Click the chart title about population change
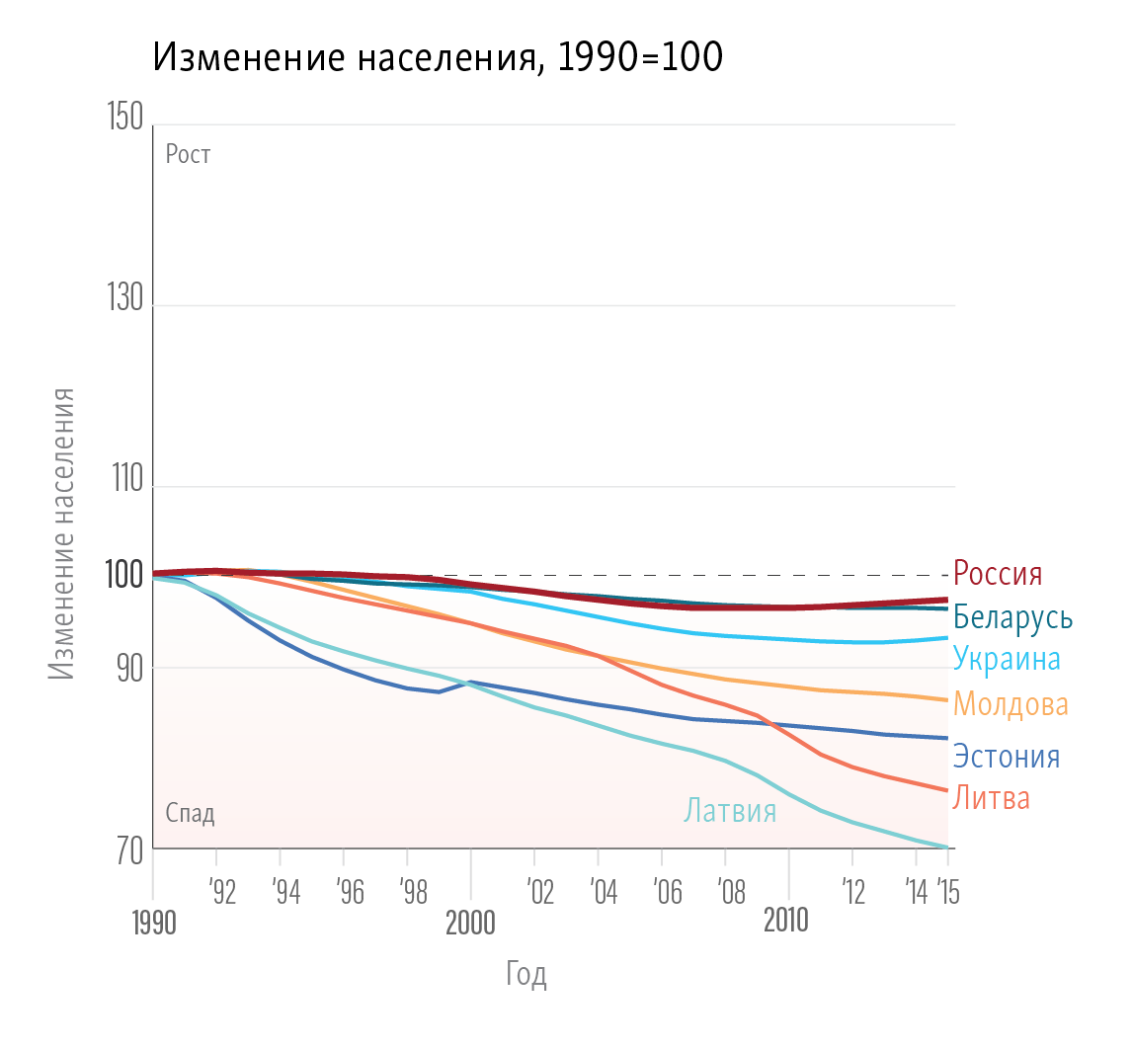(439, 58)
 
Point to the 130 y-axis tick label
(124, 302)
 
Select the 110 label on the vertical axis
(124, 484)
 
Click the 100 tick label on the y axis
(124, 574)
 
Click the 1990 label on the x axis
(153, 924)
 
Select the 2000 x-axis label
(470, 923)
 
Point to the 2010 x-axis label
(787, 921)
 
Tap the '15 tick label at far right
(947, 892)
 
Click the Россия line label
(998, 574)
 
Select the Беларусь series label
(1012, 618)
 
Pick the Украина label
(1007, 659)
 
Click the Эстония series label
(1006, 757)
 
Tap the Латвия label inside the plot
(731, 811)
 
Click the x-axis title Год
(526, 975)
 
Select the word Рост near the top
(188, 154)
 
